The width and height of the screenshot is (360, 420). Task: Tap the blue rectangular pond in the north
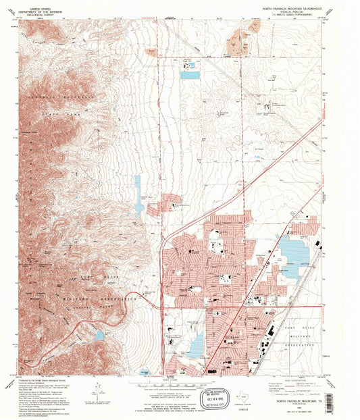coord(190,75)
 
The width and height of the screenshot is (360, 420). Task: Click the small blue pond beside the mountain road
coord(100,335)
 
